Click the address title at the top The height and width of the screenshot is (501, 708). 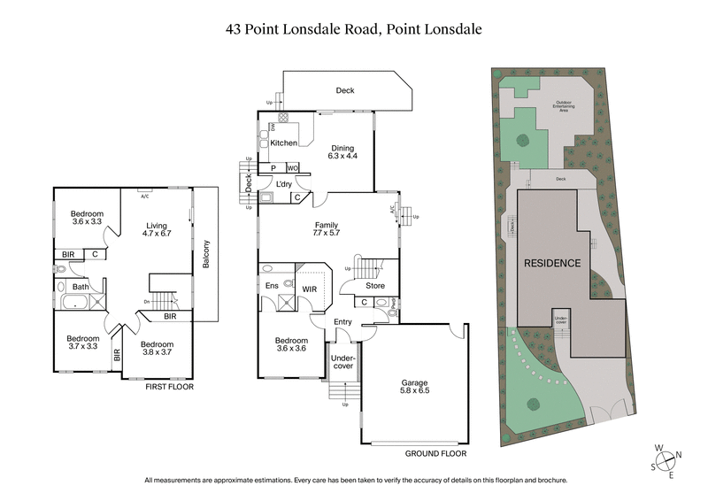[354, 28]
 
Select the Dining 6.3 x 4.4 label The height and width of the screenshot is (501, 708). [342, 152]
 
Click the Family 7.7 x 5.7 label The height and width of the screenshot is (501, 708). [327, 228]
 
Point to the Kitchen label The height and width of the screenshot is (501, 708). [284, 143]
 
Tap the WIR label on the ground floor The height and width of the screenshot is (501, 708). [311, 289]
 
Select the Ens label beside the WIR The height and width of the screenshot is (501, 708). [273, 285]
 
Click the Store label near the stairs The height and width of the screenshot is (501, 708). [376, 285]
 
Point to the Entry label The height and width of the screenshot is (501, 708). [342, 324]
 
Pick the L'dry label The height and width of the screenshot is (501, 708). [284, 183]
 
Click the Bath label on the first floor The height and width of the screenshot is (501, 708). [81, 286]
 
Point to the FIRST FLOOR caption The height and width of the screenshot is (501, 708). [169, 387]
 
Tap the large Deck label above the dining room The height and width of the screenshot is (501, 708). [345, 89]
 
